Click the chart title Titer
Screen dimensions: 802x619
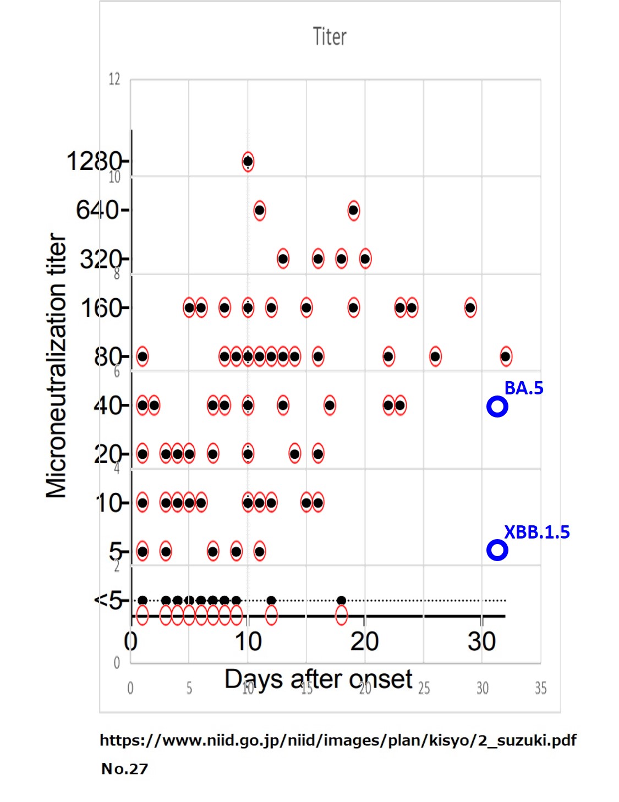click(x=330, y=37)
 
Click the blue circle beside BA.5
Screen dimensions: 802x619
click(x=497, y=407)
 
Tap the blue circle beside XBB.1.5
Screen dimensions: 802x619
click(x=497, y=550)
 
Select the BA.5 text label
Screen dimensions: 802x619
click(x=523, y=388)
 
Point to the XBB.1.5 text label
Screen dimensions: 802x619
click(x=536, y=532)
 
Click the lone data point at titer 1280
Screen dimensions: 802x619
click(x=248, y=162)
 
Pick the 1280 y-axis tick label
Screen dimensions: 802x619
click(x=94, y=162)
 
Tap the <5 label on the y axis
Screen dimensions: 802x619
click(x=108, y=600)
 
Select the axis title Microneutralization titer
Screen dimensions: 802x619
click(x=56, y=366)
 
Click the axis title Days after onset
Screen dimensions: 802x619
click(x=318, y=680)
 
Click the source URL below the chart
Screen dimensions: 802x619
click(x=338, y=740)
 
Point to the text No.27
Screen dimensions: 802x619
click(x=125, y=769)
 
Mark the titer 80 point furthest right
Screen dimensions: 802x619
click(x=506, y=356)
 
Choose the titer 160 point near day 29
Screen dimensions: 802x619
click(x=470, y=307)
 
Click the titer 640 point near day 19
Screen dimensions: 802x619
click(x=353, y=210)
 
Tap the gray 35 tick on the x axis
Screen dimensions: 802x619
click(x=540, y=688)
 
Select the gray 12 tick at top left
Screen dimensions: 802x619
click(x=114, y=79)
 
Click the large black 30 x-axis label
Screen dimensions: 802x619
click(x=481, y=642)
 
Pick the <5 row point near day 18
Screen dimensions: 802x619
click(x=341, y=600)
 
